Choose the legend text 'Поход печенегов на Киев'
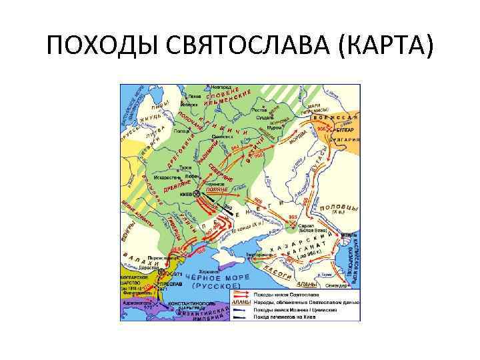pyautogui.click(x=281, y=316)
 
